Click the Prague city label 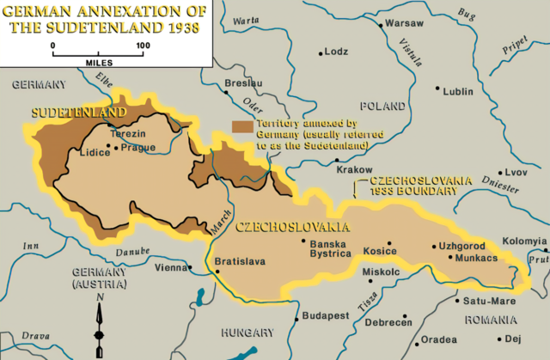139,147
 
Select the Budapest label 326,316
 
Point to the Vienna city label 169,267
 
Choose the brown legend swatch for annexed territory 242,125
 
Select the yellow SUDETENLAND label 79,113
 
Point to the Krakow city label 354,170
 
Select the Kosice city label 380,251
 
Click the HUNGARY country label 247,332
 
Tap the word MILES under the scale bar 98,62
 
